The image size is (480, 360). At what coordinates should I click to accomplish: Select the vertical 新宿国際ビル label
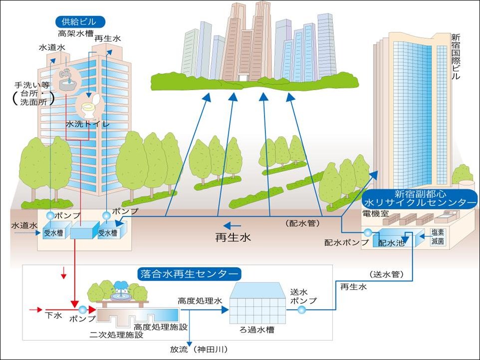[x=455, y=57]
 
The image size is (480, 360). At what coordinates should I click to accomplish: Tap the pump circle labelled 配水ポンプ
[x=368, y=233]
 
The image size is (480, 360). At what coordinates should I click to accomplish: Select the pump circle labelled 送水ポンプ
[x=301, y=310]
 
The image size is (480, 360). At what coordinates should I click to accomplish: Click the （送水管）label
[x=387, y=274]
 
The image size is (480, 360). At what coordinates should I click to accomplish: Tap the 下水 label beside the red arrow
[x=53, y=315]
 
